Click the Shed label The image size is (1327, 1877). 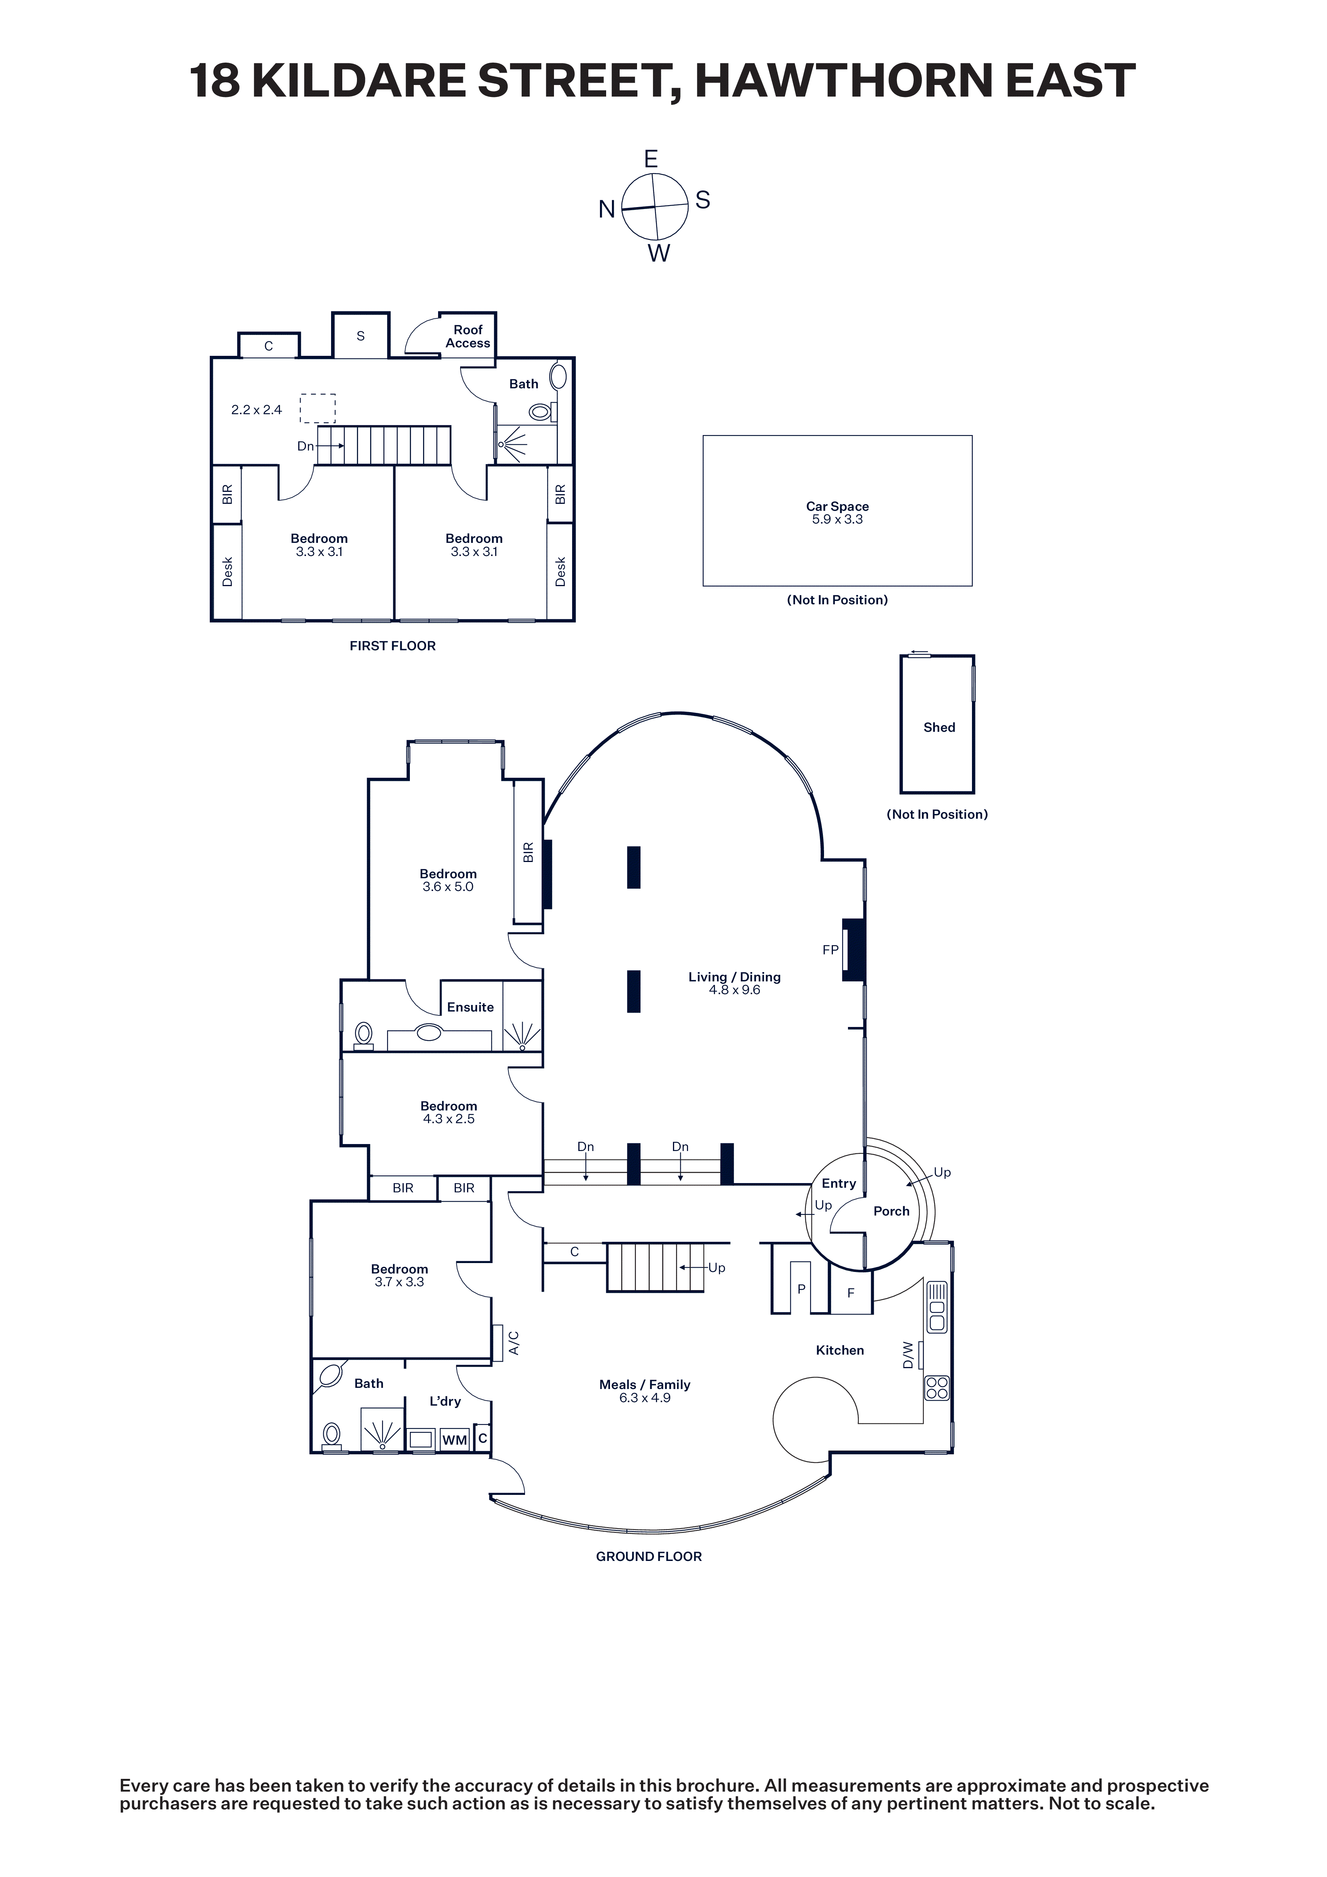coord(939,728)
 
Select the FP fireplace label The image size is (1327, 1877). coord(831,950)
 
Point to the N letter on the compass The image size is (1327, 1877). coord(607,209)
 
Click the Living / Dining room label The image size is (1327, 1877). coord(734,977)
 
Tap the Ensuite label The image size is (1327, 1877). coord(470,1007)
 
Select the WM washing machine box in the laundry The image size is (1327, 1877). coord(455,1440)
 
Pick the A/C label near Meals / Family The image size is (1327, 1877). coord(513,1343)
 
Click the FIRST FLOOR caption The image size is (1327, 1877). coord(392,646)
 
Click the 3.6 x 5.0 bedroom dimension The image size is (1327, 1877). coord(448,887)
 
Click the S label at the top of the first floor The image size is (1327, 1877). coord(360,336)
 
